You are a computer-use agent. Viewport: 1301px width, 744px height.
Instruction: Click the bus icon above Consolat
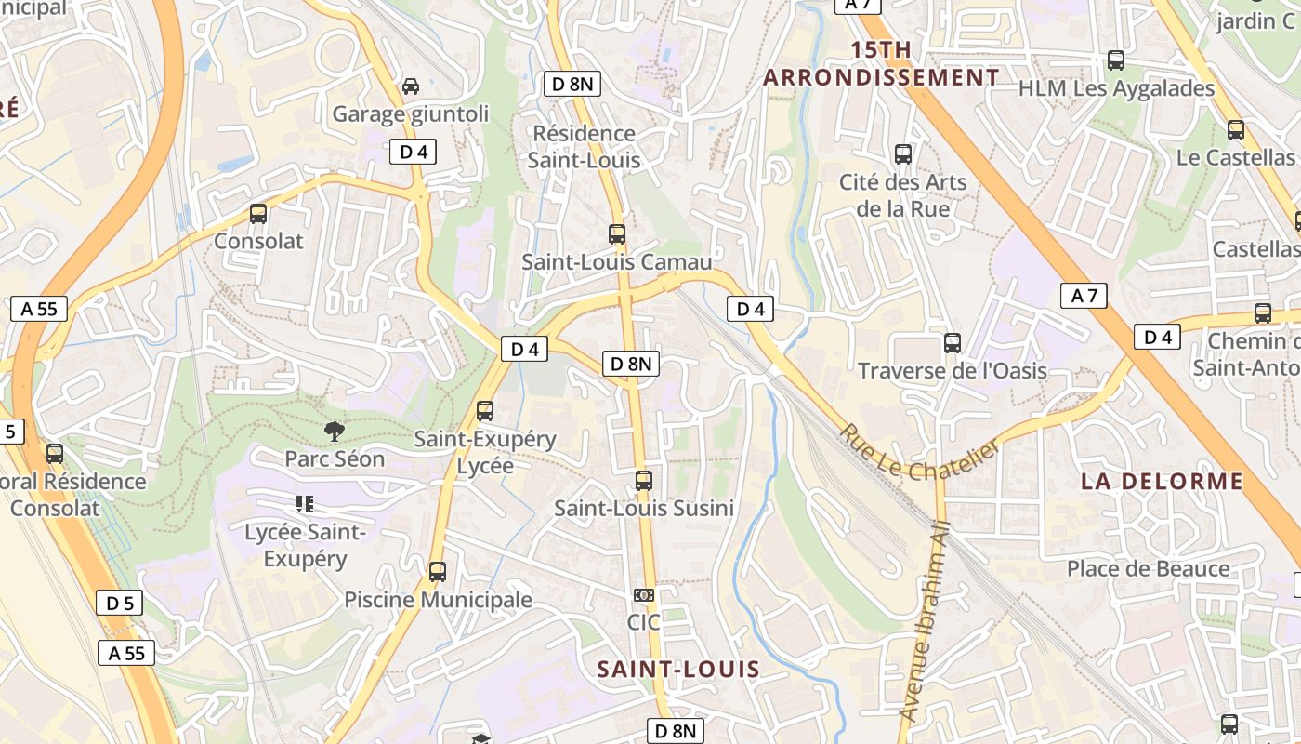click(258, 214)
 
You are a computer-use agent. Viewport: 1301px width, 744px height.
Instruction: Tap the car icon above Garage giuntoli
click(410, 86)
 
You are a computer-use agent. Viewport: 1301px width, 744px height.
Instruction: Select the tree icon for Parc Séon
click(334, 431)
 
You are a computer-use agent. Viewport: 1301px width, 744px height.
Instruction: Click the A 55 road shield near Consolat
click(39, 309)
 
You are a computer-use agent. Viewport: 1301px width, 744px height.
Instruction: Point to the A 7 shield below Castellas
click(1084, 296)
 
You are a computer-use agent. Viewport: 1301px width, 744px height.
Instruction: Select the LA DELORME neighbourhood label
click(1162, 481)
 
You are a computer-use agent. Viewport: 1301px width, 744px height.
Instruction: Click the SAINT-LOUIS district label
click(677, 669)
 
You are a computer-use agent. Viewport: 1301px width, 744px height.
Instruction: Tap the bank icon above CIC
click(643, 595)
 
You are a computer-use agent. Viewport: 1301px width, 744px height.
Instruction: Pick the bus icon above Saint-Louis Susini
click(643, 481)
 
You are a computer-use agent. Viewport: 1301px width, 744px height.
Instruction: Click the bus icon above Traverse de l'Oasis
click(952, 343)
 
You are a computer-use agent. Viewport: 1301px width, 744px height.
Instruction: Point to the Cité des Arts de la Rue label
click(902, 195)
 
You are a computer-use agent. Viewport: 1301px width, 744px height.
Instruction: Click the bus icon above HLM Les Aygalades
click(1115, 60)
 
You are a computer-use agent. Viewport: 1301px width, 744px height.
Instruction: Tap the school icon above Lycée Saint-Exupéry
click(304, 504)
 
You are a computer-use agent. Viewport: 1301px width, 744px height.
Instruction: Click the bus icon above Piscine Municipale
click(438, 571)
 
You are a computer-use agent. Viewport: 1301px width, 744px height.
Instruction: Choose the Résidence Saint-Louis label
click(584, 147)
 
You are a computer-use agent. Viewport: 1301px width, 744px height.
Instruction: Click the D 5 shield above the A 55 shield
click(119, 603)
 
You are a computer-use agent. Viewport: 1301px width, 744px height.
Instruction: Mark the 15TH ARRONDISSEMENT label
click(881, 63)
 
